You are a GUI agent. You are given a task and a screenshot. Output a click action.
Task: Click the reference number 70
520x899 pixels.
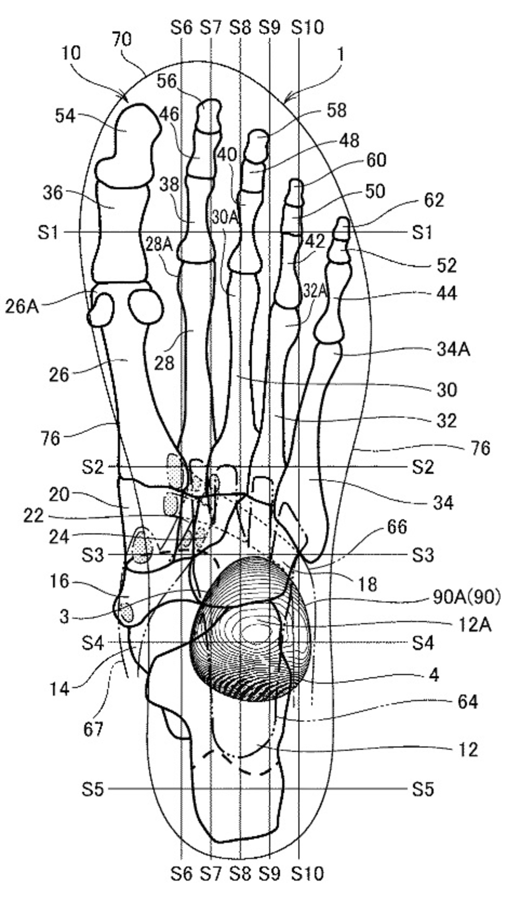122,40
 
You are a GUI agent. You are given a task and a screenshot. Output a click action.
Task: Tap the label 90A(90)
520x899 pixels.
466,598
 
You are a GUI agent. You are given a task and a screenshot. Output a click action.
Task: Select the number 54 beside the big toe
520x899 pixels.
65,116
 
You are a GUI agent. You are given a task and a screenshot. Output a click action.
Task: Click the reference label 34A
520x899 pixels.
453,350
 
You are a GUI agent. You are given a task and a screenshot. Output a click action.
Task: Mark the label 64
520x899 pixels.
467,702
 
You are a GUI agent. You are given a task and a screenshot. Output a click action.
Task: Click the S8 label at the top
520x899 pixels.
240,27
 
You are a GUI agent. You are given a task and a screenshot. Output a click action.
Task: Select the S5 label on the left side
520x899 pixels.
93,789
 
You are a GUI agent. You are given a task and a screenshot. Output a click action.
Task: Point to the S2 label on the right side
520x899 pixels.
423,467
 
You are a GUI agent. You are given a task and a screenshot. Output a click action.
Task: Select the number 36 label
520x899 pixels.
53,193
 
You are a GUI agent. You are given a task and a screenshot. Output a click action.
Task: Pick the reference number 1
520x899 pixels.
340,55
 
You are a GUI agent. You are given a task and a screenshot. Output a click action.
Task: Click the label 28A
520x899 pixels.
159,245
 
